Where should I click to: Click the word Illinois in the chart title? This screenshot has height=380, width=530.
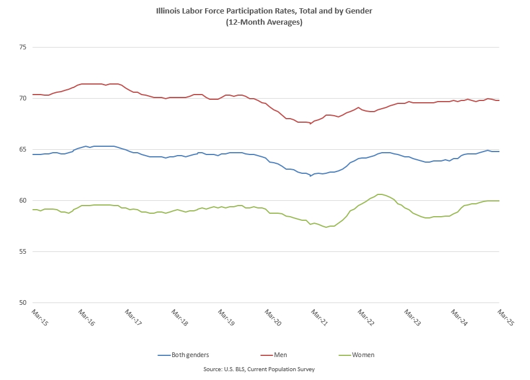(170, 11)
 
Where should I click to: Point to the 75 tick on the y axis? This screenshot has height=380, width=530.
(24, 47)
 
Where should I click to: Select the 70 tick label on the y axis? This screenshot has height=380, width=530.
(24, 98)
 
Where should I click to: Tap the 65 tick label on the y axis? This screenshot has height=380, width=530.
(24, 149)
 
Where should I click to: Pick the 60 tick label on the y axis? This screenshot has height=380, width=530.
(24, 200)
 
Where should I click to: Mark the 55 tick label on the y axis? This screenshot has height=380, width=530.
(24, 251)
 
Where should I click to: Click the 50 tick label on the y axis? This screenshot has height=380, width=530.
(24, 302)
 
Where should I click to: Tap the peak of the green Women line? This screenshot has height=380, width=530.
(380, 194)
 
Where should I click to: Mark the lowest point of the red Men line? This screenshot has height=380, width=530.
(310, 124)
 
